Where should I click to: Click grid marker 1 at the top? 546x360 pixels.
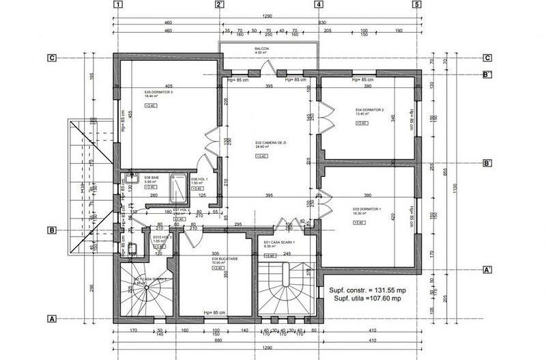119,4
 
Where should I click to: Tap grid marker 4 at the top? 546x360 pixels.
319,4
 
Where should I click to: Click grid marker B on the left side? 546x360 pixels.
51,231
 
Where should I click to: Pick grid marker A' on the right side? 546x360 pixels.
487,271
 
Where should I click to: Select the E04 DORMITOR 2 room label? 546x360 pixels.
369,110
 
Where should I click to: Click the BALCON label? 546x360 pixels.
262,49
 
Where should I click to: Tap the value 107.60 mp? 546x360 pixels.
388,298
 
